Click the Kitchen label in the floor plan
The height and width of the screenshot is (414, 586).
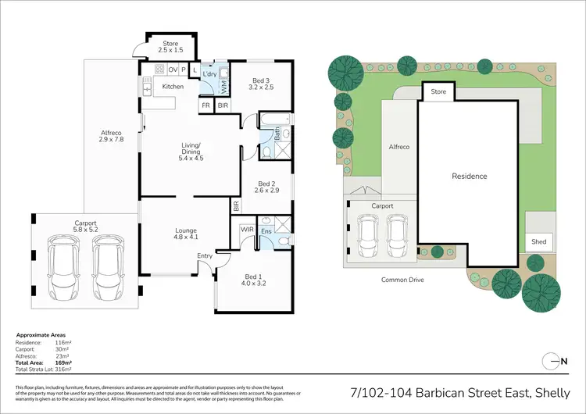[173, 86]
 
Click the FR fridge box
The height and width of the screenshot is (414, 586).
[206, 105]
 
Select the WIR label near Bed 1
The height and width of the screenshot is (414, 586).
[247, 230]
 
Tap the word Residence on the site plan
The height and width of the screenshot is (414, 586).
[470, 177]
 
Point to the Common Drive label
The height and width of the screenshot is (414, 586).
[402, 279]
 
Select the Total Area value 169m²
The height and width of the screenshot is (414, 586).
[63, 363]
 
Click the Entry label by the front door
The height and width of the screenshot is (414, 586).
[205, 255]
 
